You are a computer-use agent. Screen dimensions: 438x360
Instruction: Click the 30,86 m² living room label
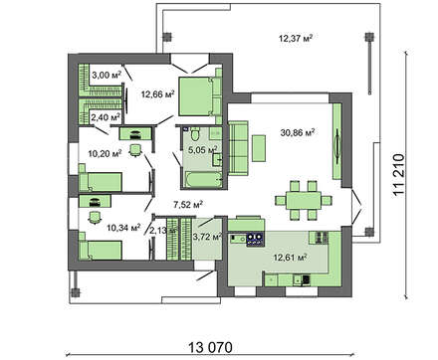click(298, 132)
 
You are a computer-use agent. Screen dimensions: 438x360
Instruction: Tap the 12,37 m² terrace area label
click(296, 38)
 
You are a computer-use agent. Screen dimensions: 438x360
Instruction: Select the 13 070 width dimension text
click(210, 348)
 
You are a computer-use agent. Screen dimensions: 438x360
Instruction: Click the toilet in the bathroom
click(195, 133)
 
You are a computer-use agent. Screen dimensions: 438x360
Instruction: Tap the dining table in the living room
click(304, 200)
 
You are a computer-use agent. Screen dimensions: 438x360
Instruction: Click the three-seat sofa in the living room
click(238, 148)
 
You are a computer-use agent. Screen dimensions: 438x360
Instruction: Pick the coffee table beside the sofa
click(259, 148)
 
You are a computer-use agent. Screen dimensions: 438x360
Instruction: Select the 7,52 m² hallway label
click(188, 205)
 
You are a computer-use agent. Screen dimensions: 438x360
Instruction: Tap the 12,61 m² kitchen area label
click(290, 257)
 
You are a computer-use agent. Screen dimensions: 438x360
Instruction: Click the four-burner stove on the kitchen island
click(255, 240)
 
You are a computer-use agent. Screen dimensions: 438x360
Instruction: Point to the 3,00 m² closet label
click(107, 75)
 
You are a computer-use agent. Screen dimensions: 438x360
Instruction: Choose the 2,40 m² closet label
click(106, 116)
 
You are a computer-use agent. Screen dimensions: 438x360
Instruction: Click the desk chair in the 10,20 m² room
click(135, 150)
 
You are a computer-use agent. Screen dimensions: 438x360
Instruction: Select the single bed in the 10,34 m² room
click(101, 250)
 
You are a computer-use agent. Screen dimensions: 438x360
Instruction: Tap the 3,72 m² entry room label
click(207, 237)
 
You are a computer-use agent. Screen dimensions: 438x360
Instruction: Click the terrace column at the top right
click(368, 37)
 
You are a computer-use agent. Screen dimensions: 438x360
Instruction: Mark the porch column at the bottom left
click(76, 292)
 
